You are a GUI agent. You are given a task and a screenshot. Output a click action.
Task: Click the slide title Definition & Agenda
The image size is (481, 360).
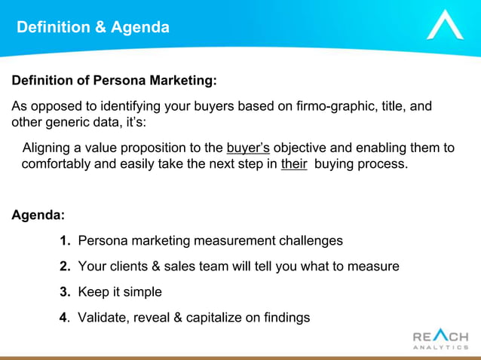[x=93, y=28]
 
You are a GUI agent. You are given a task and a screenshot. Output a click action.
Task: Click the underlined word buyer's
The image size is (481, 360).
[x=248, y=148]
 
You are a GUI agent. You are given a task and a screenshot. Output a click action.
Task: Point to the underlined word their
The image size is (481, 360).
[x=293, y=164]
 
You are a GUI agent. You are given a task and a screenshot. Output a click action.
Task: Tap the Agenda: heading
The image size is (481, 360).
[x=38, y=215]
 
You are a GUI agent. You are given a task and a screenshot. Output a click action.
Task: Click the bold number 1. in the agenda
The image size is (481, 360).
[x=65, y=241]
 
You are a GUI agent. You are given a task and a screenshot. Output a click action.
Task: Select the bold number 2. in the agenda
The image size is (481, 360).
[x=65, y=267]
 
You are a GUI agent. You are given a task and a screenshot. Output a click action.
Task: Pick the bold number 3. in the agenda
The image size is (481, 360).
[x=65, y=292]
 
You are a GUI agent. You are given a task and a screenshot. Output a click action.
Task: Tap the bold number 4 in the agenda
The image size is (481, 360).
[x=63, y=318]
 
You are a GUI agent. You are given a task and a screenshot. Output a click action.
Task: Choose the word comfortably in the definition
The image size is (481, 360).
[x=57, y=164]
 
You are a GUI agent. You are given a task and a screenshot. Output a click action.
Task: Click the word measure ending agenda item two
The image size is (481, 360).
[x=375, y=267]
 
